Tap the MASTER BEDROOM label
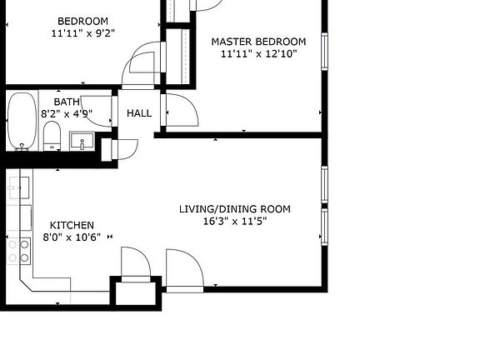pos(257,41)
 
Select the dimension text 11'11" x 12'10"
pos(257,54)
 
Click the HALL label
pos(139,112)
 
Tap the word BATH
pos(67,102)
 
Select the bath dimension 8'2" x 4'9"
pos(67,114)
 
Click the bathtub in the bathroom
pos(22,120)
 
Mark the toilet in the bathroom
pos(52,135)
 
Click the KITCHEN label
pos(72,225)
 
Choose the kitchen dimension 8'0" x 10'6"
pos(72,237)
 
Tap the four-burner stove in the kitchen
pos(18,250)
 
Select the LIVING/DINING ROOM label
pos(235,208)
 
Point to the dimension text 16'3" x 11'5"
pos(235,222)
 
